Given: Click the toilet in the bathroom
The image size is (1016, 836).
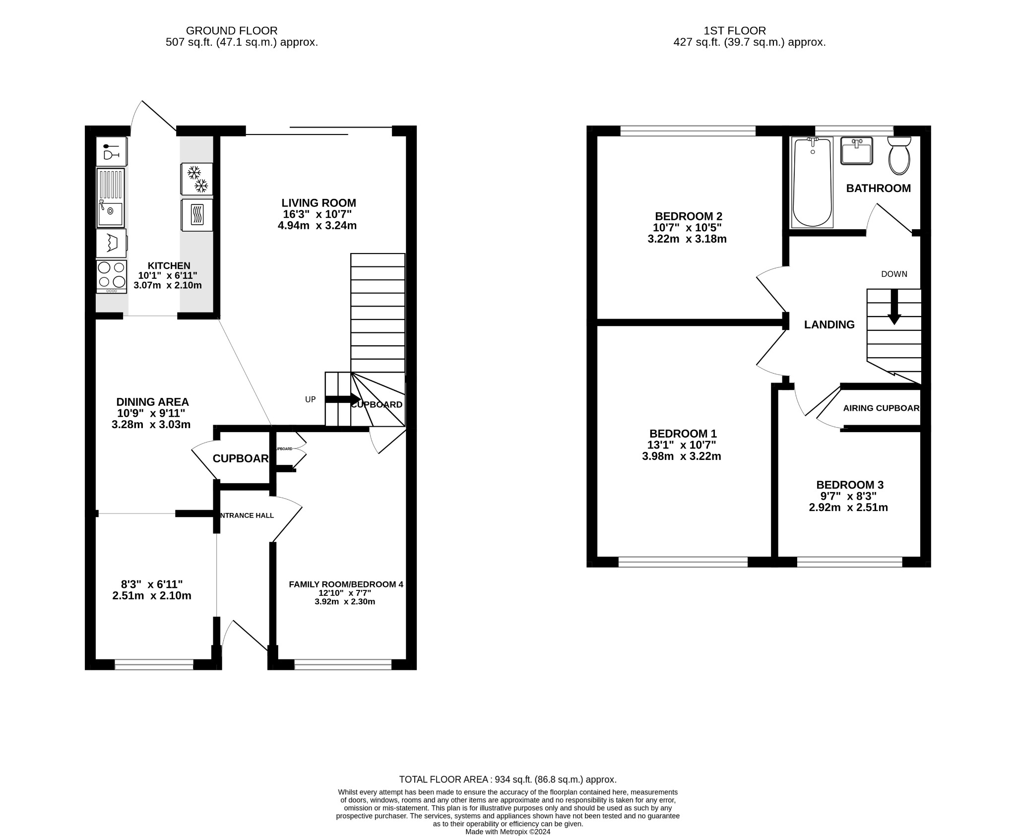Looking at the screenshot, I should [x=899, y=156].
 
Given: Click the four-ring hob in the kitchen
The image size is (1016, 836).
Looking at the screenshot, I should [x=111, y=276].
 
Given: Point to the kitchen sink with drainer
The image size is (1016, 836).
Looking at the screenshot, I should [x=110, y=198].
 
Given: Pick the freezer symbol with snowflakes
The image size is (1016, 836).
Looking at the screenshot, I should [x=197, y=179].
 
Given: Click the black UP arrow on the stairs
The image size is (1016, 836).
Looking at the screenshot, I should [x=342, y=399].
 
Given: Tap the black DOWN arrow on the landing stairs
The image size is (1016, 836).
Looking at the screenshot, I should [x=894, y=307].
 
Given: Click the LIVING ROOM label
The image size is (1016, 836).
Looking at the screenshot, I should [x=318, y=203].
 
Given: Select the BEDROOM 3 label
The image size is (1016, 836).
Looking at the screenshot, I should [x=849, y=485].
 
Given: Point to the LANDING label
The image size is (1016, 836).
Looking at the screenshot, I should [x=829, y=324].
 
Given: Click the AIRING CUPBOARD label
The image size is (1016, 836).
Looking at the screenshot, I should [x=881, y=408].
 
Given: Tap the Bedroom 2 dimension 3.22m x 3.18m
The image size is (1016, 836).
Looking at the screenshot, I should [x=687, y=239].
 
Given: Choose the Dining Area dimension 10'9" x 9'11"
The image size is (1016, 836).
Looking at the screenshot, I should [x=151, y=413].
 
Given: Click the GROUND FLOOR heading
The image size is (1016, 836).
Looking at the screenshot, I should [x=232, y=31].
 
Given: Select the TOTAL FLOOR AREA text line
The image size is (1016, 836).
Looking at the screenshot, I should [x=508, y=779].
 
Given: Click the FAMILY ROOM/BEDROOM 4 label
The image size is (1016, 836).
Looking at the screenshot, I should [x=346, y=584].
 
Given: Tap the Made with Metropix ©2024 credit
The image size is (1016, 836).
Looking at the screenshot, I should [x=508, y=832].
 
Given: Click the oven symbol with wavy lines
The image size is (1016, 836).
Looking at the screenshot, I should [x=197, y=215].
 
